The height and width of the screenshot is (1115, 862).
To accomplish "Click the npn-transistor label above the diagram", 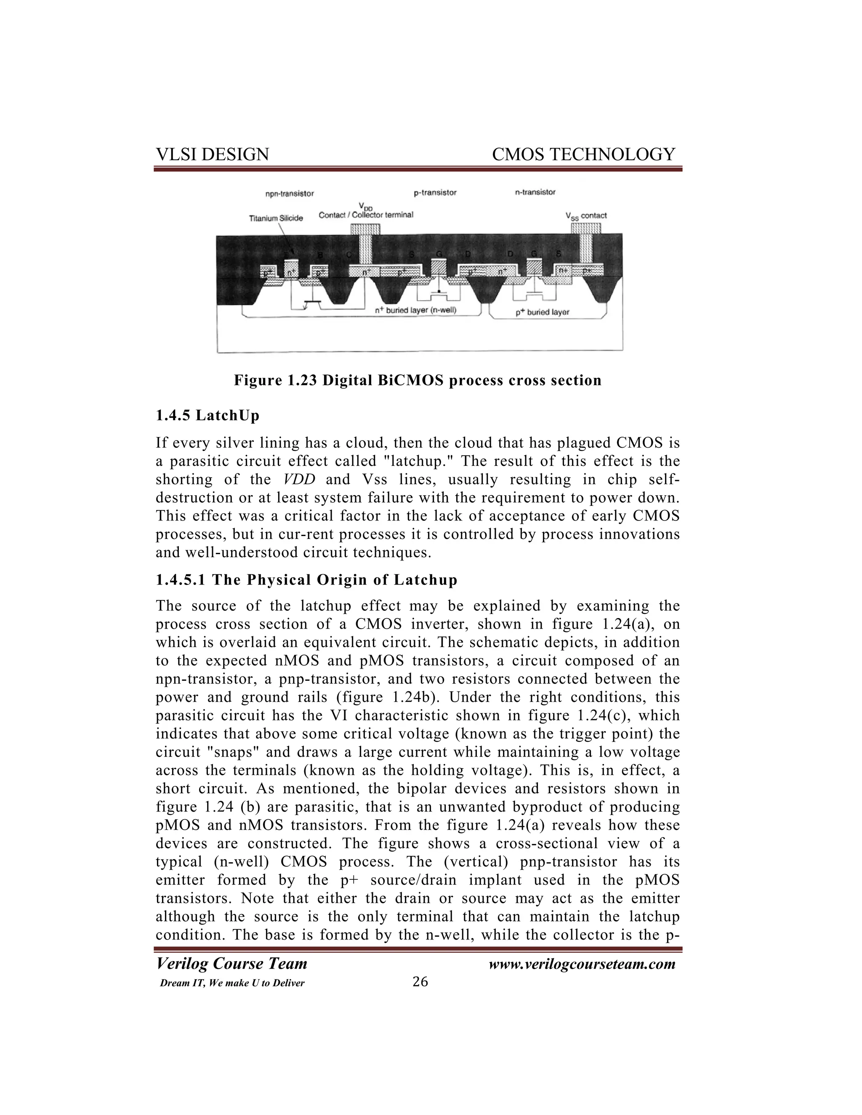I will [x=289, y=194].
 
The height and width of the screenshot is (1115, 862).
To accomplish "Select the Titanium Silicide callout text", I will [x=276, y=218].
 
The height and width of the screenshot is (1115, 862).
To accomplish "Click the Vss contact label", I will [x=586, y=215].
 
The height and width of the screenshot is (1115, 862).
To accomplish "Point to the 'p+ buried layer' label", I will [x=542, y=312].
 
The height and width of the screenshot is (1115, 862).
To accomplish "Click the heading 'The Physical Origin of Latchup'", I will [x=335, y=580].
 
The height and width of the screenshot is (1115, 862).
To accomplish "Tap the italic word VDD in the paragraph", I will [x=299, y=479].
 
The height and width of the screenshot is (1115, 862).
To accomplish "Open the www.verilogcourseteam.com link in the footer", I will [x=582, y=964].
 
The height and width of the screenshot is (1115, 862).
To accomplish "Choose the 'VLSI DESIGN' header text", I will [x=212, y=154].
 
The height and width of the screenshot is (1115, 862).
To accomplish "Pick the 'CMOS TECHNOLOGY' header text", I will [x=583, y=154].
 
